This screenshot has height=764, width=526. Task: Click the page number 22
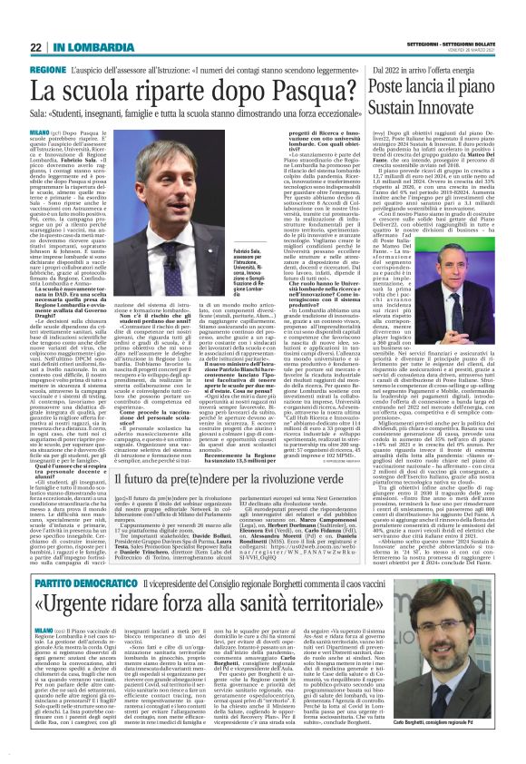[36, 48]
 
